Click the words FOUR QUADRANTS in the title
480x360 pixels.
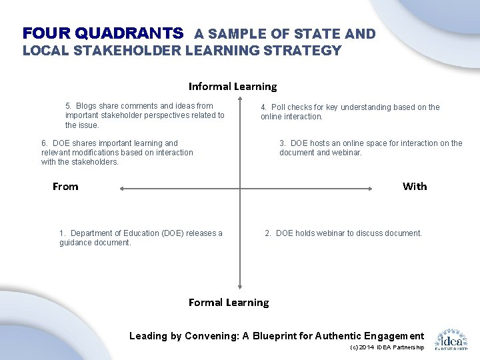pos(103,33)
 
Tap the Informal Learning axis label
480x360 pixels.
pos(232,86)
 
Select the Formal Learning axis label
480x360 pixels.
pos(229,302)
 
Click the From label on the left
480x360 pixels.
pos(65,187)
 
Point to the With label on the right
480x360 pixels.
pos(415,187)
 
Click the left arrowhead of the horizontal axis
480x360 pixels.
pos(122,189)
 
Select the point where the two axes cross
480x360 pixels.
pos(240,189)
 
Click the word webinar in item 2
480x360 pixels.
pos(329,233)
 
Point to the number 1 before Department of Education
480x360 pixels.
pos(62,233)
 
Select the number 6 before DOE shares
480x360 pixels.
pos(44,143)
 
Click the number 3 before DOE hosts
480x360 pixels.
pos(283,143)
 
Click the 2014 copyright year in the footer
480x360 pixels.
pos(366,347)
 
